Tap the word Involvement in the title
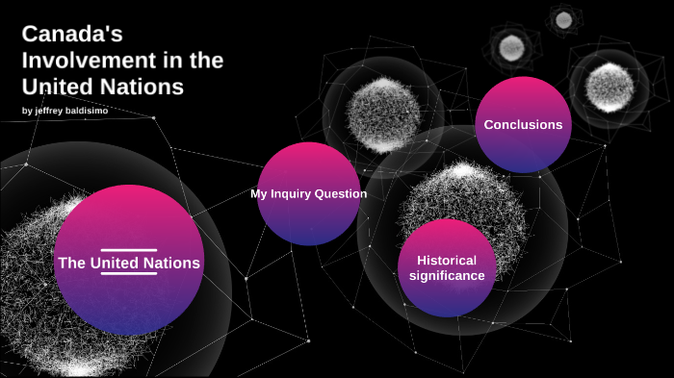point(78,61)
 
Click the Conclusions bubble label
point(523,124)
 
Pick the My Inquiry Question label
point(308,193)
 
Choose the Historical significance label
point(446,267)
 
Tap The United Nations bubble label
point(128,263)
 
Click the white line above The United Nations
point(128,250)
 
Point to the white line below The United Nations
point(128,273)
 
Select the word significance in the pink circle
point(446,276)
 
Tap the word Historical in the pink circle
point(447,260)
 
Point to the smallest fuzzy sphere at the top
point(561,18)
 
